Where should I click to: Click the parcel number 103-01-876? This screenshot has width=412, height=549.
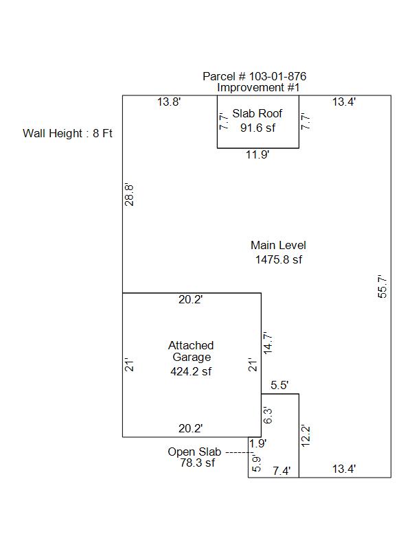277,76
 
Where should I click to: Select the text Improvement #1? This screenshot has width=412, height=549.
258,88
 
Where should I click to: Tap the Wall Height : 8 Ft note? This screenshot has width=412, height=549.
67,133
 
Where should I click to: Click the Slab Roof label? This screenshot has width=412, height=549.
257,113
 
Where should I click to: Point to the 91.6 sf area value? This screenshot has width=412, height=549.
258,128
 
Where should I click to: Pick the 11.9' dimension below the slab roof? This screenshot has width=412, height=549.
257,154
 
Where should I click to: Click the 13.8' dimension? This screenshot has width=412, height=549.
169,102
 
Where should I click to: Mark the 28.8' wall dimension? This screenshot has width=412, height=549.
129,195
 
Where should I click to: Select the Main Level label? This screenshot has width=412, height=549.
278,245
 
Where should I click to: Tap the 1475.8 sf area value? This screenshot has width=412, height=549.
279,259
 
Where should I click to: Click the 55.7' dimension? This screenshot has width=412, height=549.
382,286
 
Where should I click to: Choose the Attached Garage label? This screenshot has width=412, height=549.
191,351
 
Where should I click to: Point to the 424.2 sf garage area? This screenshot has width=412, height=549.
191,371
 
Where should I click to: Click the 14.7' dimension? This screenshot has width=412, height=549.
268,343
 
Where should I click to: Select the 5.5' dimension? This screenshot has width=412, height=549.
279,386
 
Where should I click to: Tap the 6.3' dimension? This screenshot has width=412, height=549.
268,415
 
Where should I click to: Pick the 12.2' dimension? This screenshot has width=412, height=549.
306,436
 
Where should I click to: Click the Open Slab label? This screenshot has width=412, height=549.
194,452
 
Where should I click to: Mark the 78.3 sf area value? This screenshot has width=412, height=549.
198,463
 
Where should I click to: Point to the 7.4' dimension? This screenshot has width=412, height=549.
282,471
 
